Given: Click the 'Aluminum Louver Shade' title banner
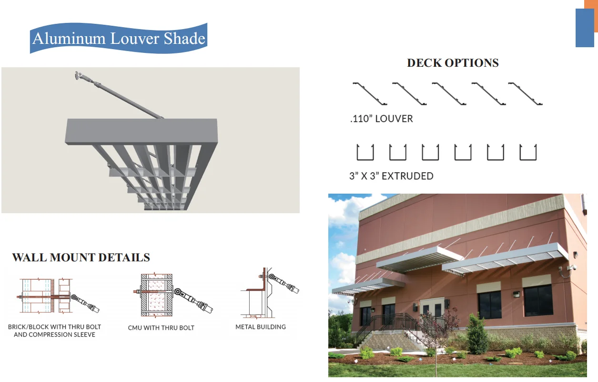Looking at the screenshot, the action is pos(119,38).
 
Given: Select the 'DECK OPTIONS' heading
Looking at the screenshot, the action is pos(452,63).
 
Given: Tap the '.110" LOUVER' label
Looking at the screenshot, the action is pos(381,119).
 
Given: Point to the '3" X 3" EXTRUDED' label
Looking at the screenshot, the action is pos(391,176).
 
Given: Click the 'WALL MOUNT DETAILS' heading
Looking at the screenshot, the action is pos(81,258).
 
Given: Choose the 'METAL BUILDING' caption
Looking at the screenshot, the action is pos(261,327).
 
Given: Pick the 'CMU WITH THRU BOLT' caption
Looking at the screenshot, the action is pos(161,328).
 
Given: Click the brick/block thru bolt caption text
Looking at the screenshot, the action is pos(54,330).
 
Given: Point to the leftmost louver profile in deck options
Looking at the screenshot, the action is pos(370,93).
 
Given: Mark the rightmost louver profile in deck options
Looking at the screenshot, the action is pos(525,93).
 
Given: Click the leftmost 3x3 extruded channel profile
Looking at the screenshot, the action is pos(365,152).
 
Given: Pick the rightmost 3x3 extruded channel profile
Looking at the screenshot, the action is pos(527,152).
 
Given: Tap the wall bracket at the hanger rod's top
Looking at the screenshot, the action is pos(78,75).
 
